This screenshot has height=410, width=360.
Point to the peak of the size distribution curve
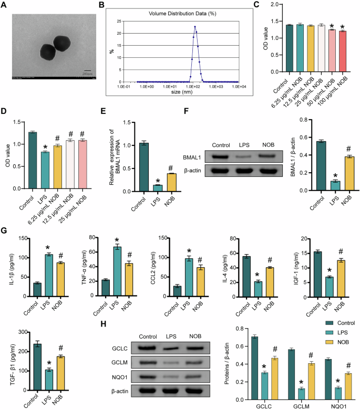194,27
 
